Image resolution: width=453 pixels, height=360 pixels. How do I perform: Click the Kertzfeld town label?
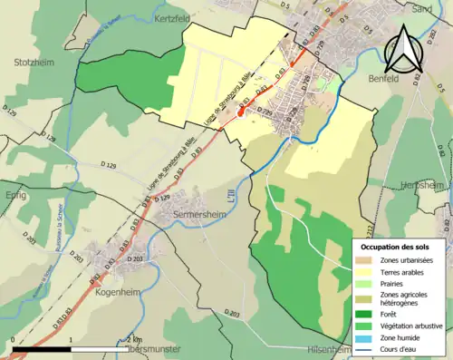point(176,18)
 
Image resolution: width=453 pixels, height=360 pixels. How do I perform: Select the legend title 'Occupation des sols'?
point(397,247)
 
